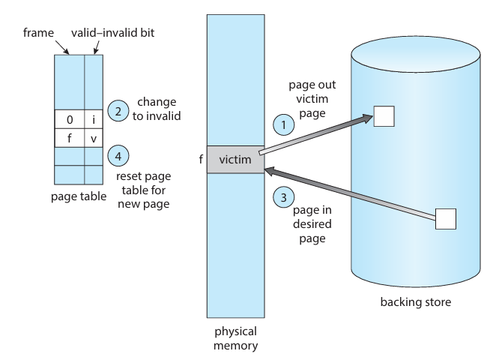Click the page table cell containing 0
point(69,119)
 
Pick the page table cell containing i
point(93,119)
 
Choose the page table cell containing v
point(93,138)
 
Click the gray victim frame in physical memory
point(235,160)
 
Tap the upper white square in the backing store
point(384,116)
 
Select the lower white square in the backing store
point(446,218)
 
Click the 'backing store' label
point(415,302)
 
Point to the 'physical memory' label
point(235,337)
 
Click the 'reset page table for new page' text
point(142,187)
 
